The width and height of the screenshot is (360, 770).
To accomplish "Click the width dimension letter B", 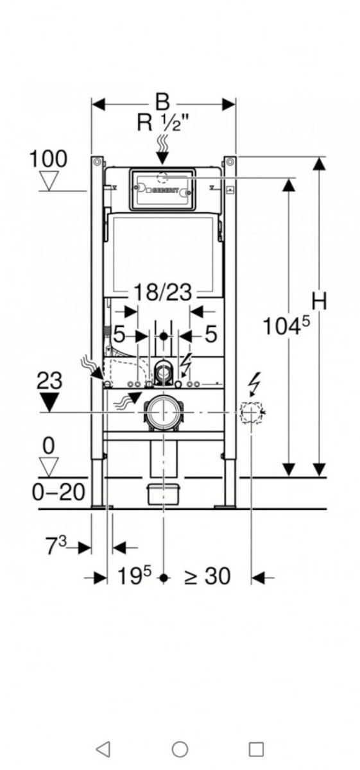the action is [162, 102].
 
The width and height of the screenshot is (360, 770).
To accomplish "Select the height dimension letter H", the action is [319, 301].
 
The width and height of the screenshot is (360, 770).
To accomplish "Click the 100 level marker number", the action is [48, 159].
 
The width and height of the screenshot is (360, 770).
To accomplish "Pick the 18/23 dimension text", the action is [162, 292].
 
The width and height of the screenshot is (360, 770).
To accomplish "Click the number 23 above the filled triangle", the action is [49, 381].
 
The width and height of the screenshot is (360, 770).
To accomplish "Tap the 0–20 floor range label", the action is [58, 492].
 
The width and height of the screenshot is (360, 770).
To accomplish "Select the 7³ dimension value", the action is [56, 545].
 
